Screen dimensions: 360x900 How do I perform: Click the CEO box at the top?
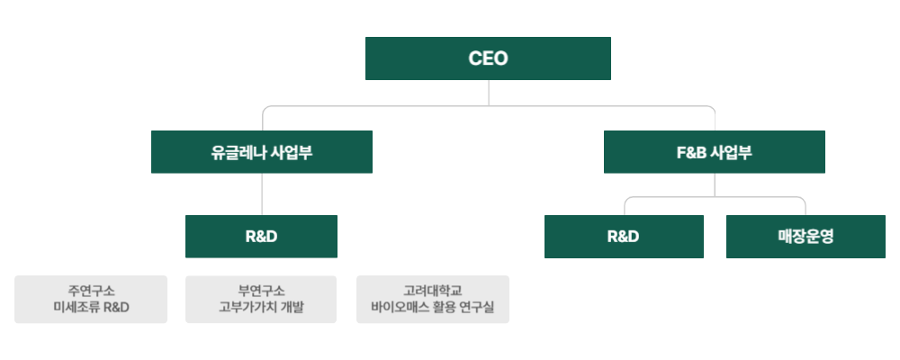488,58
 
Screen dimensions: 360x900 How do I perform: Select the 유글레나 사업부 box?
261,152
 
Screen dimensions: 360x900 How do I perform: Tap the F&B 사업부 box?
714,152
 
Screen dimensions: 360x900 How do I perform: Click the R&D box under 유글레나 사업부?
261,237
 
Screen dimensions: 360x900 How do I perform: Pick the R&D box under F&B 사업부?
624,237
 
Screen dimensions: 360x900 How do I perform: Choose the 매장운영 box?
805,237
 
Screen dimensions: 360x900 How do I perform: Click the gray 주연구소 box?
91,299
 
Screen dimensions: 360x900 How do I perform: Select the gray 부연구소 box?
261,299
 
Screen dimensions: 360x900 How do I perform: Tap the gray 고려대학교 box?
433,299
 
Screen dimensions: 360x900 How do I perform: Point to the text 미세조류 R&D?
91,308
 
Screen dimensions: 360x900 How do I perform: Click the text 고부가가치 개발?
261,308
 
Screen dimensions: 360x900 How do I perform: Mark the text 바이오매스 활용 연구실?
433,308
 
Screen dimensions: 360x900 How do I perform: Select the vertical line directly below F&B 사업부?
715,184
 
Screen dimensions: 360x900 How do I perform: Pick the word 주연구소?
91,290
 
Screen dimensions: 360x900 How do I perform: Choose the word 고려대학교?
433,290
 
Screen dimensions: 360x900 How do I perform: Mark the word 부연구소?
261,290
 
